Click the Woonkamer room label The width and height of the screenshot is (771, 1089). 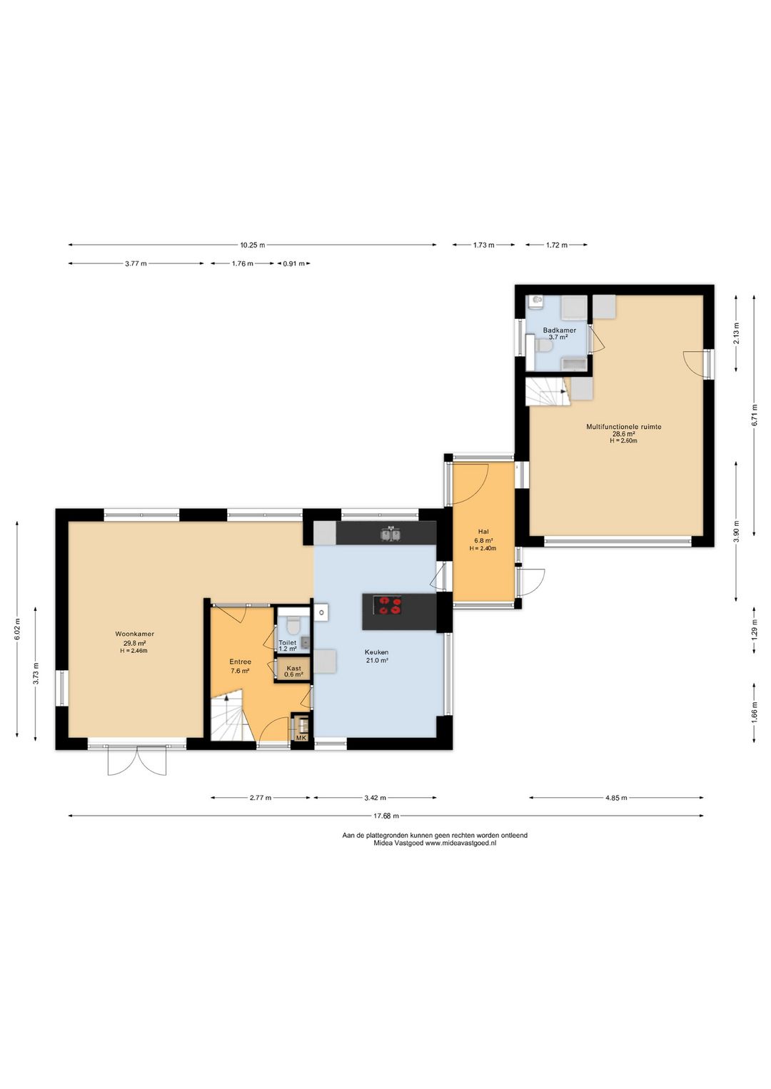click(135, 634)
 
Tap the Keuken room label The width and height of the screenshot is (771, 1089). click(377, 652)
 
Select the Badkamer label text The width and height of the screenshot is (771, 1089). click(560, 330)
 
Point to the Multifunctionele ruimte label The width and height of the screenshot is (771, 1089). click(624, 427)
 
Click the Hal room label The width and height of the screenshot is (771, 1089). click(483, 532)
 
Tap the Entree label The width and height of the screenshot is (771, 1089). click(241, 662)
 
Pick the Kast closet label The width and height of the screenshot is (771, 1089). click(294, 669)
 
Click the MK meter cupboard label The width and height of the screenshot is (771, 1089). click(301, 737)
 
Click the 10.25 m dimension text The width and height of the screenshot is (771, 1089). click(253, 245)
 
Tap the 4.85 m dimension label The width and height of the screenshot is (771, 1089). click(616, 797)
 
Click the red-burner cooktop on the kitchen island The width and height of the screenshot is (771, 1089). click(390, 606)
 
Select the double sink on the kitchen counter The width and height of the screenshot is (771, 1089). click(390, 535)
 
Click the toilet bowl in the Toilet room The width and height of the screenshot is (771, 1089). click(293, 626)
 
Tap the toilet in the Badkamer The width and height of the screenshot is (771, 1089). click(543, 345)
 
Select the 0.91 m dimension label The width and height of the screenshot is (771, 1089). click(294, 263)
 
